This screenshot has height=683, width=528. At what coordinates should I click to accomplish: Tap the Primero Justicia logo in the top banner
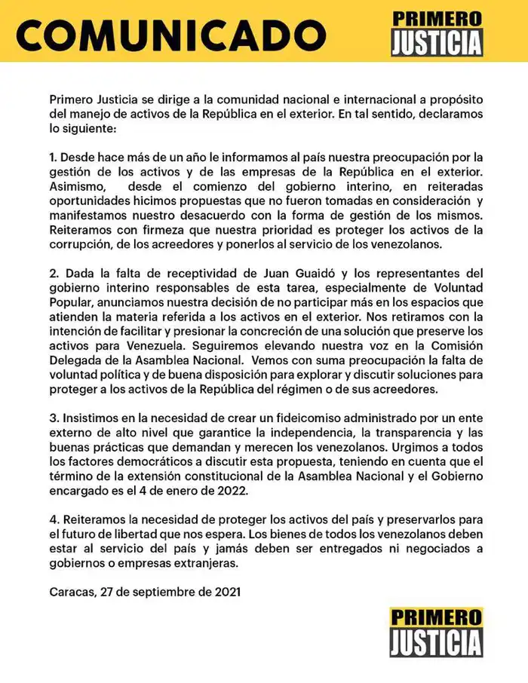[436, 32]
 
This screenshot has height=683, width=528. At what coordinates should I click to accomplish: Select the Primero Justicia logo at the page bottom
[436, 632]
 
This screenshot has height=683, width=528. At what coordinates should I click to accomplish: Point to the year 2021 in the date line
[225, 592]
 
